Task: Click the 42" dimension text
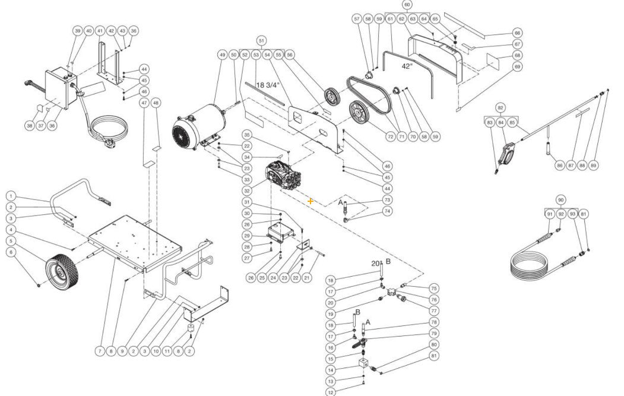point(407,66)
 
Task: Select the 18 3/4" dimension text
point(268,85)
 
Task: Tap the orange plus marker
point(311,202)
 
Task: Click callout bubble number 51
point(261,40)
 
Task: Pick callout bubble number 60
point(407,5)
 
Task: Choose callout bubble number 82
point(501,108)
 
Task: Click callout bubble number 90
point(560,199)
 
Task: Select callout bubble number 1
point(11,196)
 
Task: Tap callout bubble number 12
point(331,392)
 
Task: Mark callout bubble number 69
point(517,66)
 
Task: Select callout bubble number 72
point(390,137)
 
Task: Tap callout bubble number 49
point(223,55)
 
